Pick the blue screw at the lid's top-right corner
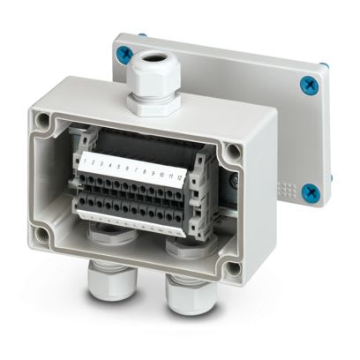click(x=308, y=85)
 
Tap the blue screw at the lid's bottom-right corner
click(x=309, y=191)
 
